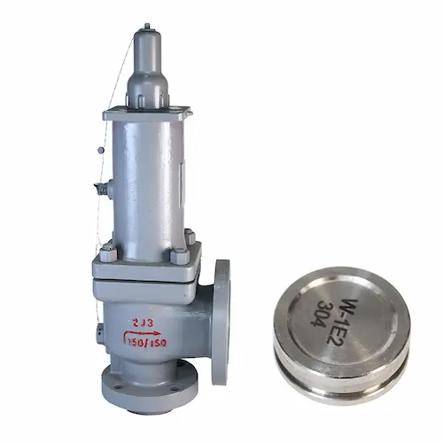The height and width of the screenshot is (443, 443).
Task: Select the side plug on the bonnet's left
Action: (102, 189)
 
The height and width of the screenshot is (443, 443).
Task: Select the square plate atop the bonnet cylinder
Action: (146, 113)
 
